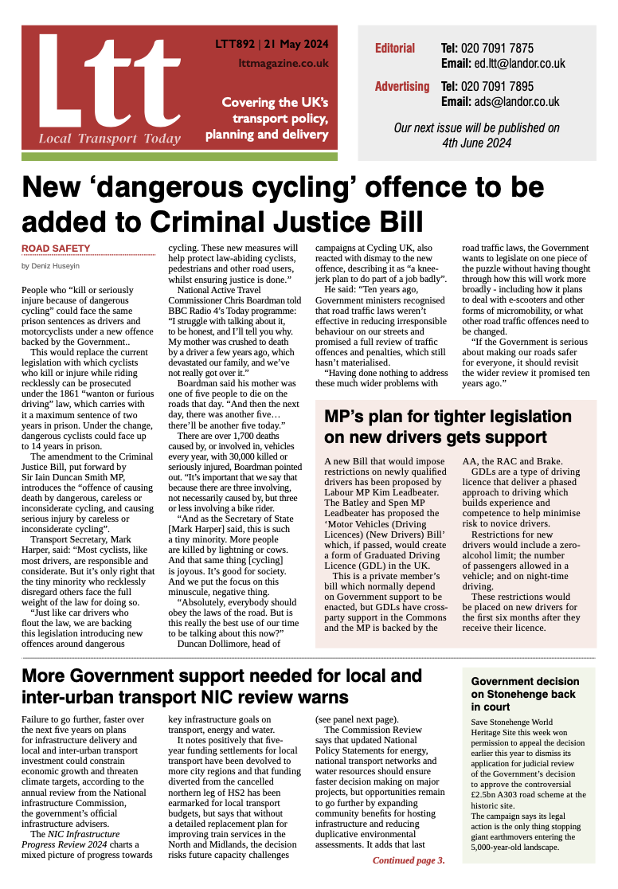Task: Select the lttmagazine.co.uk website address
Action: click(x=284, y=62)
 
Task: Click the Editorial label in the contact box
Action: click(x=395, y=49)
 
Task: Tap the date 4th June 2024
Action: click(x=476, y=143)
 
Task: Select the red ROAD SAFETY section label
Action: click(x=56, y=249)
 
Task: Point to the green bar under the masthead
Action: click(x=179, y=157)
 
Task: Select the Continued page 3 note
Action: click(x=409, y=860)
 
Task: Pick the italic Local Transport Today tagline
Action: click(x=110, y=139)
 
